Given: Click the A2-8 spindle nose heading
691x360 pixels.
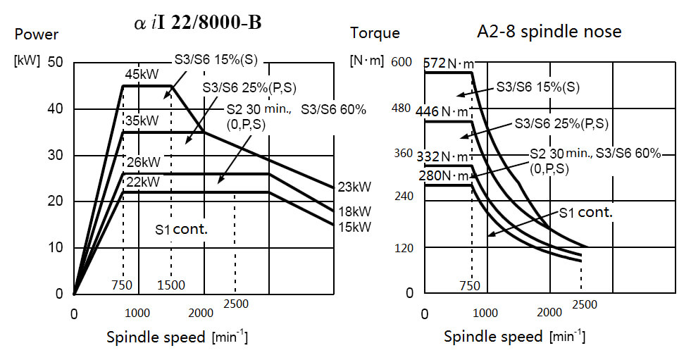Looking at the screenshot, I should point(549,32).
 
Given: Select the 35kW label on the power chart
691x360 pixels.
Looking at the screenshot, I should point(142,120).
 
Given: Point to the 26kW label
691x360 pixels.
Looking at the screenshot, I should point(142,163).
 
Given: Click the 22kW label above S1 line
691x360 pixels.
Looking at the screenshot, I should point(142,182).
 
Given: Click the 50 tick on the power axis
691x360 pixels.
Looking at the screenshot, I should point(56,62).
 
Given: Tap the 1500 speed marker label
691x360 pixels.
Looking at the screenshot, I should point(170,285).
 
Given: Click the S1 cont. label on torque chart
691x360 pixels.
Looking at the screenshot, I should point(586,211).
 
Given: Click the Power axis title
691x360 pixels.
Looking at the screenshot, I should point(37,34).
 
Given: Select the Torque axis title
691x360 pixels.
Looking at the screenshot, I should point(375,32).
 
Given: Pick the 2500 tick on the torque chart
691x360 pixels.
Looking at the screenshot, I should point(584,304).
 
